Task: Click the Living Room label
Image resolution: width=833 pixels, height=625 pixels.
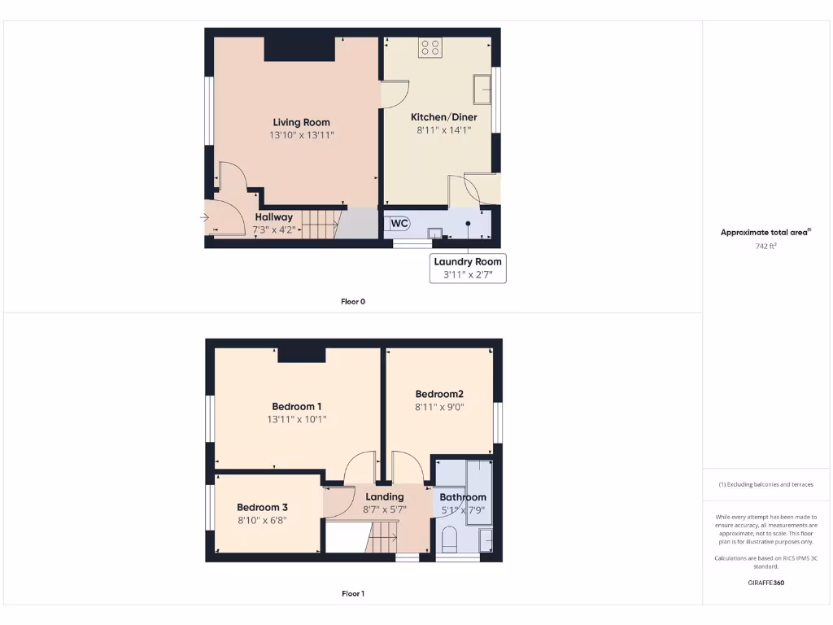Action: tap(301, 122)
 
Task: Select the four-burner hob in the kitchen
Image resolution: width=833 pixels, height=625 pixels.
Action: tap(430, 48)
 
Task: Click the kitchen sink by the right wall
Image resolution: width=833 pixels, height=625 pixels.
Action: tap(482, 89)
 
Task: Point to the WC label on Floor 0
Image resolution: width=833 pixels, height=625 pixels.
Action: tap(399, 223)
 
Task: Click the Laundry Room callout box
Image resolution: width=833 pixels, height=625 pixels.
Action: tap(468, 268)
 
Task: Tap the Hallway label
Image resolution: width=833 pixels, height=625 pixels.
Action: tap(274, 217)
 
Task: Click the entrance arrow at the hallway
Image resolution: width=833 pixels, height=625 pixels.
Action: tap(204, 217)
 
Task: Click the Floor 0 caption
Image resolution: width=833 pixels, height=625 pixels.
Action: tap(353, 301)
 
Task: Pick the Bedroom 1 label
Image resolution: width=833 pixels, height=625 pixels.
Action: tap(297, 406)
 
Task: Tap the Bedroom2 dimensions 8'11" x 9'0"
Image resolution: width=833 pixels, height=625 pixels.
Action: tap(439, 407)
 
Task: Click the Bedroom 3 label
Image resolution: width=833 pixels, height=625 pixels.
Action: tap(263, 506)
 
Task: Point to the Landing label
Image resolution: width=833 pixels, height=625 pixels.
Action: tap(385, 496)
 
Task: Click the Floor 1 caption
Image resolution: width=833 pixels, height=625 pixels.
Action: tap(353, 593)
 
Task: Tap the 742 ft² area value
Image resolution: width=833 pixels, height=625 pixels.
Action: tap(765, 246)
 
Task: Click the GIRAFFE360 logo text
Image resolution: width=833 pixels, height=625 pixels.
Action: tap(765, 583)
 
